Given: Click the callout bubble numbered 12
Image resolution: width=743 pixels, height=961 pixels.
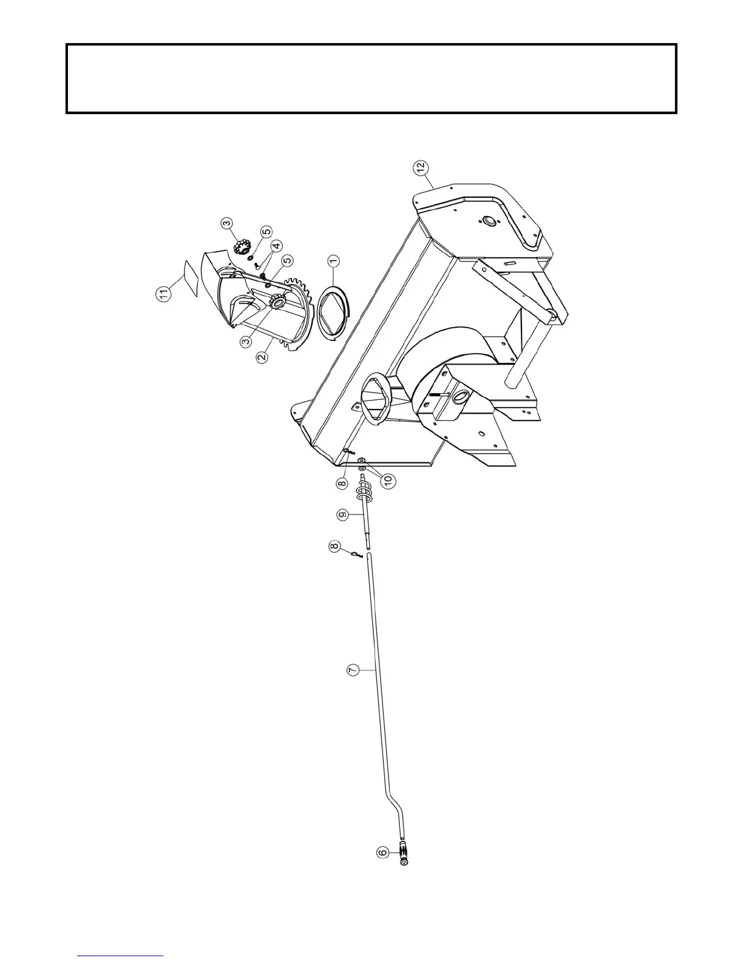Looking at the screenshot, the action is coord(421,168).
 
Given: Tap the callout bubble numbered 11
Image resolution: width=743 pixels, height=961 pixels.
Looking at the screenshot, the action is coord(163,294).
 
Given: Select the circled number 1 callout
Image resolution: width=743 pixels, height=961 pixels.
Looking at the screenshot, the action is coord(333,261).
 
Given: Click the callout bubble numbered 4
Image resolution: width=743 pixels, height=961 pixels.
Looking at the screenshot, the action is coord(276,246).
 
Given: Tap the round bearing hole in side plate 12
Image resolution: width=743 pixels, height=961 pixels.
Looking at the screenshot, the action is coord(487,221).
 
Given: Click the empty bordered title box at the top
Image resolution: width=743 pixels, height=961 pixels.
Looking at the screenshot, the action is coord(371,79).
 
